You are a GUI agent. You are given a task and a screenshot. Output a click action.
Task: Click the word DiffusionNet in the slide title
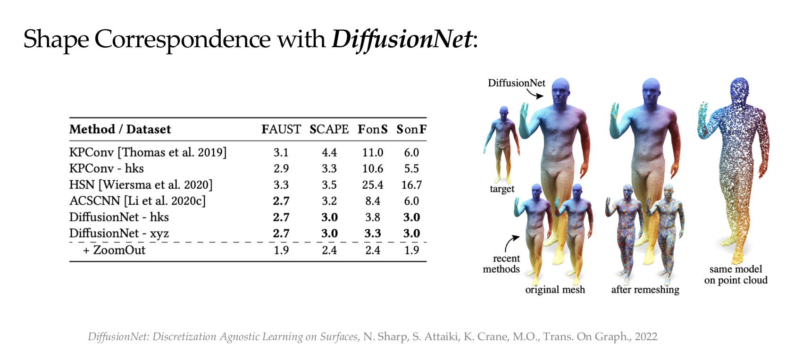(402, 39)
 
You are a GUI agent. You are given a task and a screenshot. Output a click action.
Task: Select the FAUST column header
(281, 129)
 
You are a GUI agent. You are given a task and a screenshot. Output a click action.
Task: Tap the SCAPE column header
(329, 129)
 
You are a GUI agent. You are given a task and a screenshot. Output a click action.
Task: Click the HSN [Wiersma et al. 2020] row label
(141, 184)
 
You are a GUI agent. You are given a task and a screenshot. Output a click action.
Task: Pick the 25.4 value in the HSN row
(373, 185)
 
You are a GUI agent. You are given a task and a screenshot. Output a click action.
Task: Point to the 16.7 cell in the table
(411, 185)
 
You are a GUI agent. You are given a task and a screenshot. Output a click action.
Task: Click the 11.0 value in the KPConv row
(373, 152)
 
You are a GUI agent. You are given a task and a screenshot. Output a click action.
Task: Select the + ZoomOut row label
(114, 250)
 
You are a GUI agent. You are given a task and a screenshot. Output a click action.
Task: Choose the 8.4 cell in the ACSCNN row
(373, 201)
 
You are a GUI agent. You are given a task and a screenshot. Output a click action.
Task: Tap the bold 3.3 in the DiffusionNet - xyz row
(373, 234)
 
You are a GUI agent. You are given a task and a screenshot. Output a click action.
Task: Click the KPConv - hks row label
(106, 168)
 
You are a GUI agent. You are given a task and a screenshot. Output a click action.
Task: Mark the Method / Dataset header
(120, 129)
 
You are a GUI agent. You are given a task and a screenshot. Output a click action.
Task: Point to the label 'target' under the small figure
(502, 189)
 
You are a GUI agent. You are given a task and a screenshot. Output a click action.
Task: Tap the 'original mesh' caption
(555, 290)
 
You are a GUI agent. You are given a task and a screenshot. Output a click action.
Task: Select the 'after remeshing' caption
(645, 290)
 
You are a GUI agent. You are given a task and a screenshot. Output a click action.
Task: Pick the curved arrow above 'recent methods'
(511, 243)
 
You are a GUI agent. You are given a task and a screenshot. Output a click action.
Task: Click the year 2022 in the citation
(646, 336)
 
